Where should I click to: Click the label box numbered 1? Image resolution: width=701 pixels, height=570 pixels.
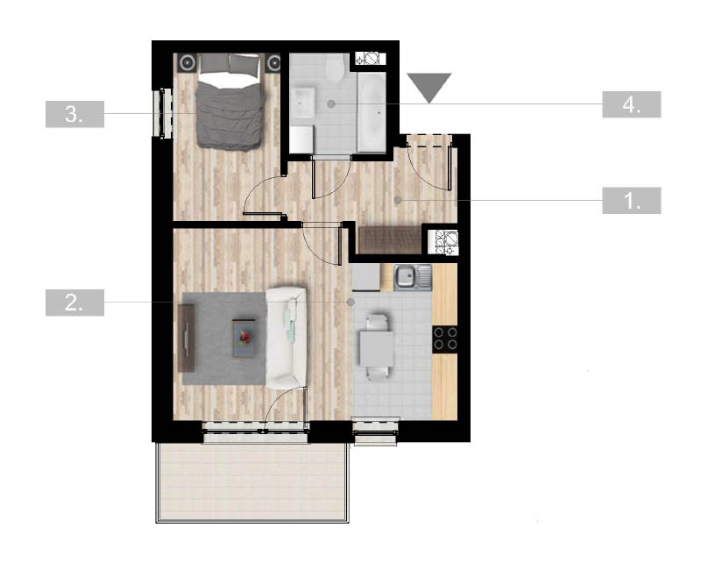[x=631, y=201]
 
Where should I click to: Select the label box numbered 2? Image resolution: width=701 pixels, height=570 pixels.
[x=74, y=303]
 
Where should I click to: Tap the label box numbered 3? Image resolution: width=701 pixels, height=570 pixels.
[x=74, y=114]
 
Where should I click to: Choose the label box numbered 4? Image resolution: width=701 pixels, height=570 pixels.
[x=631, y=104]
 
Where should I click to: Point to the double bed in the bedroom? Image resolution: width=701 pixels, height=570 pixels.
[x=229, y=102]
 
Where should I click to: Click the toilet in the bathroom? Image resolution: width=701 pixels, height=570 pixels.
[x=334, y=68]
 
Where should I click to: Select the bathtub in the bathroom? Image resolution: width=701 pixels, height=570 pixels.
[x=372, y=113]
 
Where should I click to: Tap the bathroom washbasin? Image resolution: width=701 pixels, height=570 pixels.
[x=303, y=103]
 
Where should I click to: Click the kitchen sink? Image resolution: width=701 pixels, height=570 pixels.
[x=413, y=277]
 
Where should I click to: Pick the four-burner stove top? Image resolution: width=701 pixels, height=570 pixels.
[x=445, y=338]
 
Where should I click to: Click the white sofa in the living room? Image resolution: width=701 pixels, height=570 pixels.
[x=287, y=338]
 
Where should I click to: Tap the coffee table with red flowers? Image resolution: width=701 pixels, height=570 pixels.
[x=244, y=338]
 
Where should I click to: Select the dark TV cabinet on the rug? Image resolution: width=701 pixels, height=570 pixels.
[x=186, y=338]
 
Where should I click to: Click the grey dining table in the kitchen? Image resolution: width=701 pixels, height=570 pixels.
[x=377, y=348]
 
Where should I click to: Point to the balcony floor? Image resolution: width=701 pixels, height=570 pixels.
[x=252, y=481]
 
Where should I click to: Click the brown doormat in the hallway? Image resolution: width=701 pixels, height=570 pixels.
[x=390, y=240]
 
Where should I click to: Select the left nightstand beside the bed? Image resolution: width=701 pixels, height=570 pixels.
[x=187, y=63]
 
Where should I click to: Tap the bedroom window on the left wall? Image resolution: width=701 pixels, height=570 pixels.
[x=162, y=113]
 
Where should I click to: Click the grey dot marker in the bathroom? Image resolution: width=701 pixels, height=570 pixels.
[x=331, y=103]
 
